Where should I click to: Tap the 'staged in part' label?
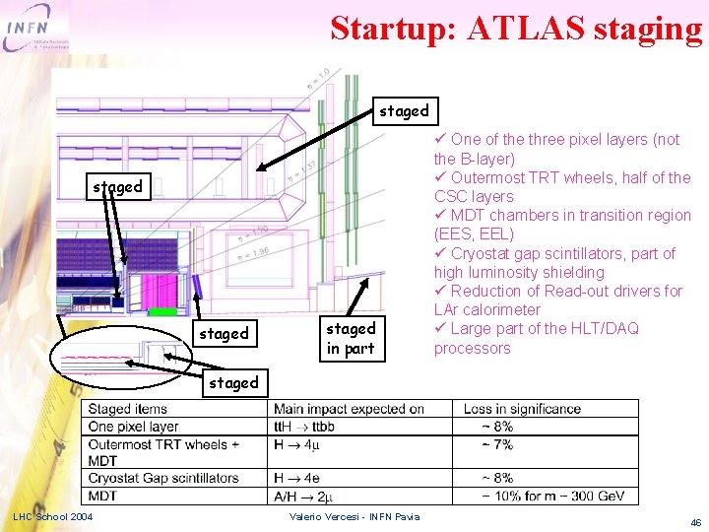click(x=351, y=338)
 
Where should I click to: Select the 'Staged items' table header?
click(x=127, y=409)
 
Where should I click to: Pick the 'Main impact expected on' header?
click(x=349, y=409)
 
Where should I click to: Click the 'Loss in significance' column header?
click(x=522, y=409)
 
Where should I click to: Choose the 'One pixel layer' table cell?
click(x=133, y=427)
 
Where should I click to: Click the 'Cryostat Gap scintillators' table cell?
click(x=163, y=479)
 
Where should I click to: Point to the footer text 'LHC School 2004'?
click(x=52, y=517)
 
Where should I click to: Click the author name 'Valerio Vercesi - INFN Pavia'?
click(x=354, y=517)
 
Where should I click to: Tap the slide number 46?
click(x=695, y=522)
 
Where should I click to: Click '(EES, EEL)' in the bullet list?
click(x=474, y=234)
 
